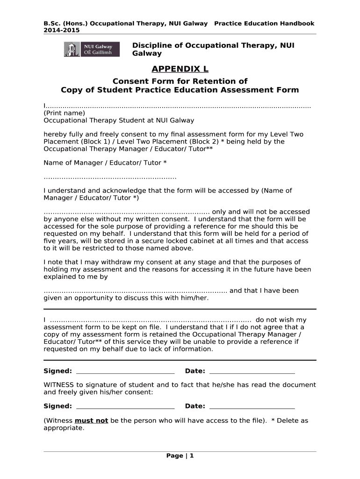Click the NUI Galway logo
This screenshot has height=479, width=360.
point(91,49)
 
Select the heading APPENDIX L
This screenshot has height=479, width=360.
point(180,69)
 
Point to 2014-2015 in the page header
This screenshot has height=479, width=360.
point(61,30)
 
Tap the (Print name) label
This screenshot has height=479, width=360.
point(64,113)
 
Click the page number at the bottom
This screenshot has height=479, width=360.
point(180,456)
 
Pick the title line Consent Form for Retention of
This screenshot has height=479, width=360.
point(180,81)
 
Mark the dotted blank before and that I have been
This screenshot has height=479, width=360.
point(135,290)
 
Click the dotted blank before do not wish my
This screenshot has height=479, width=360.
point(150,320)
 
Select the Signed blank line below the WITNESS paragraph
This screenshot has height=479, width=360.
point(125,406)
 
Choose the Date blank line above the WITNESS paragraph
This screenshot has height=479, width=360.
point(252,371)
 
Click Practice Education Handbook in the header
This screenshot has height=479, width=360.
point(264,23)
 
